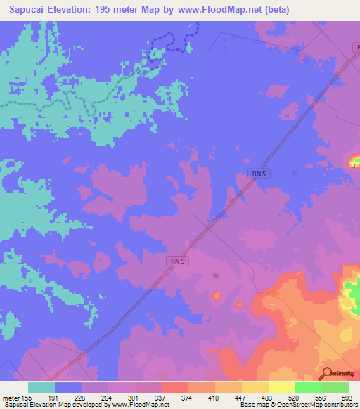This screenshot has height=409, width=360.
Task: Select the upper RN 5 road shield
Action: click(x=259, y=173)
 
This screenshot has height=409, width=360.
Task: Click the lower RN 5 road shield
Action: click(x=178, y=261)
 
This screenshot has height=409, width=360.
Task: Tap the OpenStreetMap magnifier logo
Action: click(x=327, y=373)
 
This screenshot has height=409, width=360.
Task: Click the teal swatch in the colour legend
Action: click(x=41, y=387)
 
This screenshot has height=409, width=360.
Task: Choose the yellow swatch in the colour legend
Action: click(x=281, y=387)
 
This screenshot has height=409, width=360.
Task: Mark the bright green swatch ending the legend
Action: click(x=335, y=387)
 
